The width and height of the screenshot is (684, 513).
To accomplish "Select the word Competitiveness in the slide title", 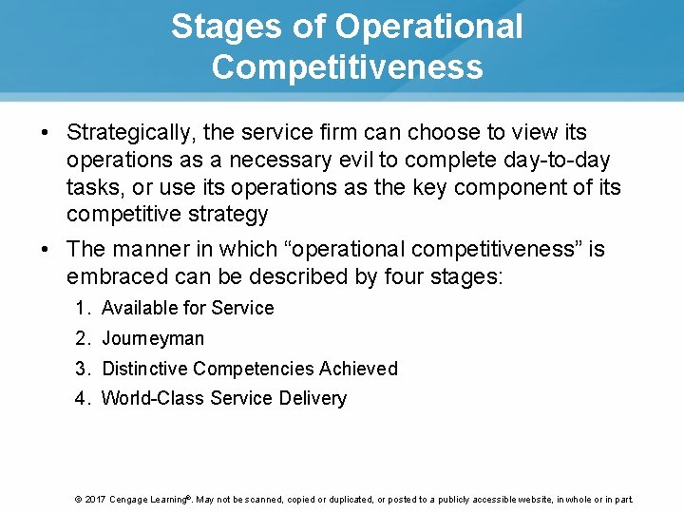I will pyautogui.click(x=347, y=67).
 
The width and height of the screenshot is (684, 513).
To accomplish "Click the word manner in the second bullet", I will pyautogui.click(x=151, y=250).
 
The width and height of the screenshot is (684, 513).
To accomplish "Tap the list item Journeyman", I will pyautogui.click(x=153, y=338).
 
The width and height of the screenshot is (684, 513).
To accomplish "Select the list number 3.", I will pyautogui.click(x=82, y=369).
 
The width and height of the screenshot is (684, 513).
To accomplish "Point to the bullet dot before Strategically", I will pyautogui.click(x=46, y=133).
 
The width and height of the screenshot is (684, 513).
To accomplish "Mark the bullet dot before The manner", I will pyautogui.click(x=46, y=250).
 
